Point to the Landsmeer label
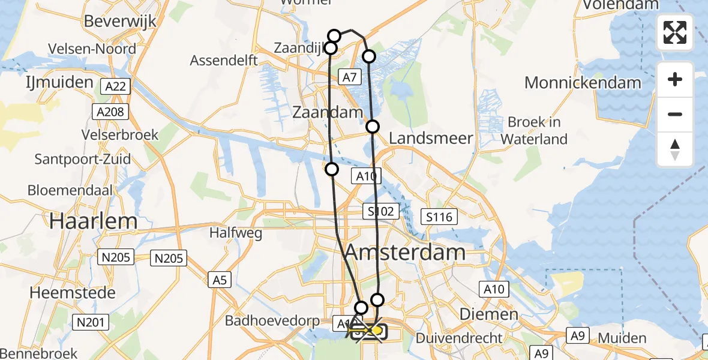[431, 139]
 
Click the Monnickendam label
[583, 82]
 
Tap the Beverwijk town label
[120, 21]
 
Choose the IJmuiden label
[60, 82]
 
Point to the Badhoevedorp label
[272, 320]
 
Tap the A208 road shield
[109, 112]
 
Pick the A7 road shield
[350, 76]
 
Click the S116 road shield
[440, 217]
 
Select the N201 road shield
[91, 323]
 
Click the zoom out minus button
[675, 114]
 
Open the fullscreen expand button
[675, 32]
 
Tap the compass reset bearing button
[675, 149]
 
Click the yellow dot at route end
[376, 331]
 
